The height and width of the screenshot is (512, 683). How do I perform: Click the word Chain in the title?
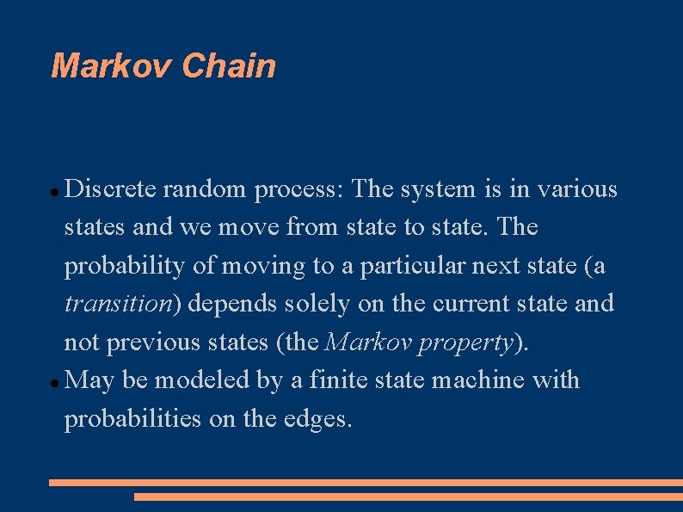[x=230, y=66]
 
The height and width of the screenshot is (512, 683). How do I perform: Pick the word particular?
[x=413, y=266]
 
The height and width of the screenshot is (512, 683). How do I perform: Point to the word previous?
[x=154, y=342]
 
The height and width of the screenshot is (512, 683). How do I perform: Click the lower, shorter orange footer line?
[x=408, y=497]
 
